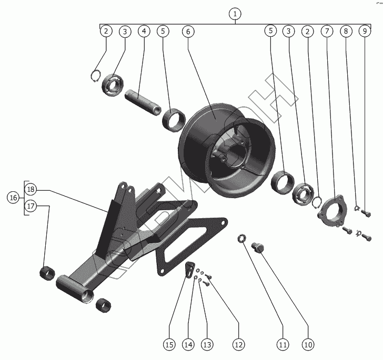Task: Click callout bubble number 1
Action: coord(235,14)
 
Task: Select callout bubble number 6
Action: coord(187,32)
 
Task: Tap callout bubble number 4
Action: coord(144,32)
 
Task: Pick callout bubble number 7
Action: coord(327,32)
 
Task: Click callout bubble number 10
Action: coord(307,345)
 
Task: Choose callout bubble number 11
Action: coord(283,345)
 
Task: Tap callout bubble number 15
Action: coord(169,345)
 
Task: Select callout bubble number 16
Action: coord(13,198)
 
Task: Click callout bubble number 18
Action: coord(31,189)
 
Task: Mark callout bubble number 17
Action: coord(31,207)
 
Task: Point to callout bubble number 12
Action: coord(238,345)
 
